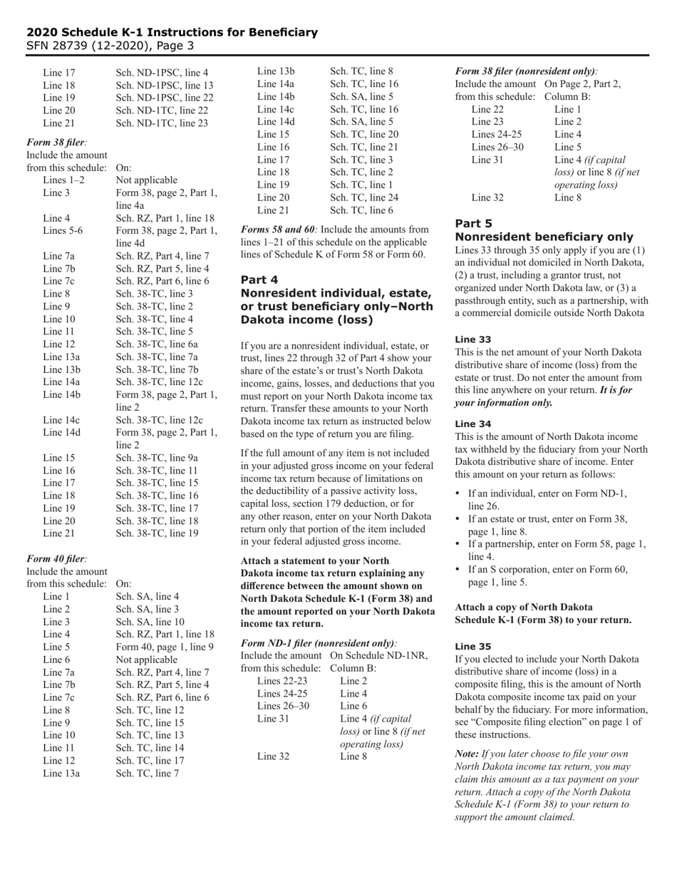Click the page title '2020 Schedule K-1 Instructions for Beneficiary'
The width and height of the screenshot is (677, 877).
click(x=172, y=32)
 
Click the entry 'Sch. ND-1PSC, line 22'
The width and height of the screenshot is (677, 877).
click(x=164, y=98)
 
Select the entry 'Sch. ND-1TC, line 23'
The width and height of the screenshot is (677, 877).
click(x=162, y=123)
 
